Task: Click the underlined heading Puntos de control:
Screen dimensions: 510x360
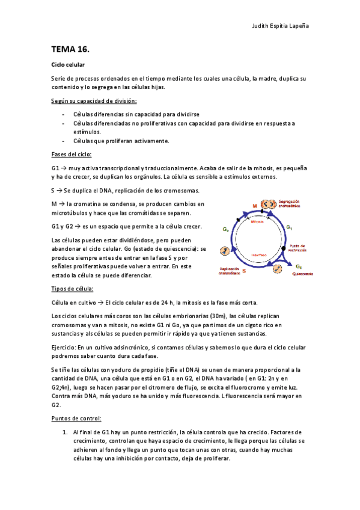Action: coord(77,418)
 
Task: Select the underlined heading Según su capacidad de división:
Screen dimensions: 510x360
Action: coord(94,100)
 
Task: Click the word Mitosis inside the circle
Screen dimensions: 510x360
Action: coord(258,221)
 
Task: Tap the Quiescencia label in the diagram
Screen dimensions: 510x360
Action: coord(302,274)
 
